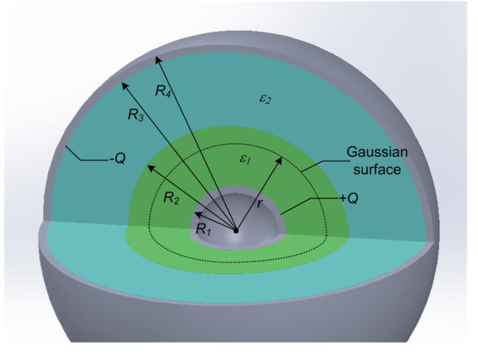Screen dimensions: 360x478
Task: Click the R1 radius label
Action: pos(203,229)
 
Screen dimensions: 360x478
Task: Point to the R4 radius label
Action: pos(163,91)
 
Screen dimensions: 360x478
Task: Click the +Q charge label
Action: pos(349,197)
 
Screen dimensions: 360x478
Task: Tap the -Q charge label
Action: pos(116,159)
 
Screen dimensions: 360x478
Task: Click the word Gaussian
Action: pos(377,152)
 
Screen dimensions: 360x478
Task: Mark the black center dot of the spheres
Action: pos(236,231)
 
